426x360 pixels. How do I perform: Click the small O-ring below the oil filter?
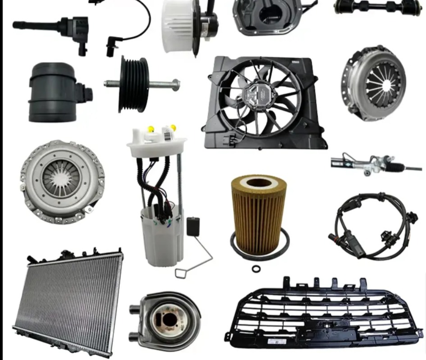click(x=256, y=269)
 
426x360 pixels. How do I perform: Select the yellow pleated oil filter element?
click(x=259, y=216)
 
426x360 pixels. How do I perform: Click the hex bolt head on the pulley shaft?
click(x=175, y=84)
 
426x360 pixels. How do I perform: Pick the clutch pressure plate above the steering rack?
click(x=373, y=83)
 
